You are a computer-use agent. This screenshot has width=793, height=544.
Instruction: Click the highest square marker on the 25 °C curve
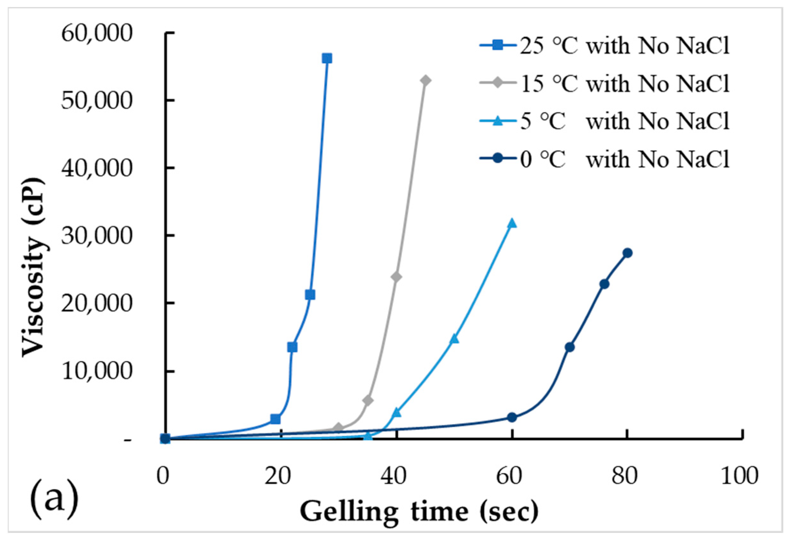pyautogui.click(x=327, y=59)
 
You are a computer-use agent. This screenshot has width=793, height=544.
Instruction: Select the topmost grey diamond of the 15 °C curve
pyautogui.click(x=426, y=80)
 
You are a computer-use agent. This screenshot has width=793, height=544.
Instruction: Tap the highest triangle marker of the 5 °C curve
pyautogui.click(x=512, y=223)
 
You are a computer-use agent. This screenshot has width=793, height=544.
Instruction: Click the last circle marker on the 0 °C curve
pyautogui.click(x=627, y=253)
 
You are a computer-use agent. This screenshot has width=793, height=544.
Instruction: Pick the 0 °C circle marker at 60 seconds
pyautogui.click(x=512, y=417)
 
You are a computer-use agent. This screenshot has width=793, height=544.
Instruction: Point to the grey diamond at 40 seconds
pyautogui.click(x=396, y=276)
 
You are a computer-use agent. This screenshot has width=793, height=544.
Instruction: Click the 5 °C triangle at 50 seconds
pyautogui.click(x=454, y=339)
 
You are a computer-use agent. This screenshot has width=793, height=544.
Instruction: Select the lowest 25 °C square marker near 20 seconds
pyautogui.click(x=275, y=419)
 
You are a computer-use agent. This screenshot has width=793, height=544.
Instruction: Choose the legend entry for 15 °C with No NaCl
pyautogui.click(x=604, y=83)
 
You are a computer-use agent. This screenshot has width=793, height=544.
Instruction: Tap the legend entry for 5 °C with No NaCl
pyautogui.click(x=604, y=121)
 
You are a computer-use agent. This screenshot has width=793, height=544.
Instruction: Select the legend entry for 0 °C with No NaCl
pyautogui.click(x=604, y=159)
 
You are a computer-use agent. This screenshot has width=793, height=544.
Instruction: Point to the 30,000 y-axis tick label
pyautogui.click(x=96, y=236)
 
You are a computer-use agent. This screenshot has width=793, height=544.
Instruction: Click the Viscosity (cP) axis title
pyautogui.click(x=33, y=268)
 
